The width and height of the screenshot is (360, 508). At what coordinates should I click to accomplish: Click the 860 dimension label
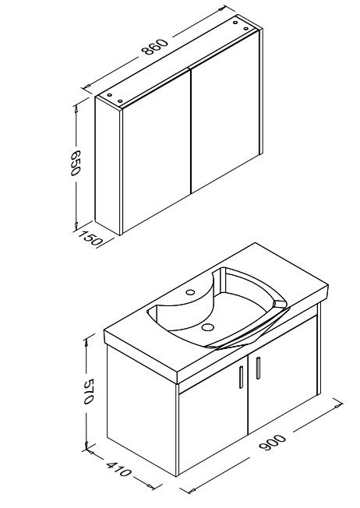155,47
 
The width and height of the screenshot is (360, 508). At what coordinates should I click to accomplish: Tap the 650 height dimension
75,162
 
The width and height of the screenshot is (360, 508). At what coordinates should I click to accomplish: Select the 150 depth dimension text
90,238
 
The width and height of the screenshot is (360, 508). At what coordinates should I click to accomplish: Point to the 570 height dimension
88,391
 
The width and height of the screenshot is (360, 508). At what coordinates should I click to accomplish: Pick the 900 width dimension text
273,443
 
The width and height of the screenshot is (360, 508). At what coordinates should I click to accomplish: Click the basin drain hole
207,327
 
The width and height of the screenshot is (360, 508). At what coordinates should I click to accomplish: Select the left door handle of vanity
241,377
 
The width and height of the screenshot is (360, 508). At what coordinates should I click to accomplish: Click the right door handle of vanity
258,368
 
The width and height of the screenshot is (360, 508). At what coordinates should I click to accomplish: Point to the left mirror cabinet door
156,148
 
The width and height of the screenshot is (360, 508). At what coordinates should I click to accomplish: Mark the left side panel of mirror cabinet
108,165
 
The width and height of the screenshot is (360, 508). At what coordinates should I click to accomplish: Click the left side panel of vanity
143,411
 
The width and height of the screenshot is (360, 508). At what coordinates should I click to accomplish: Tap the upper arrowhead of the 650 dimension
76,108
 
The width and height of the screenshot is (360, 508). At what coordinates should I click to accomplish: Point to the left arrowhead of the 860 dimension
86,86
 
